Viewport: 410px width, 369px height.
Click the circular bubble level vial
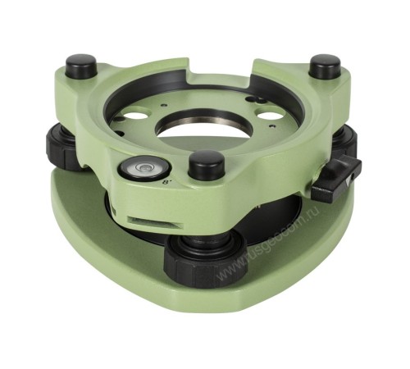click(x=136, y=169)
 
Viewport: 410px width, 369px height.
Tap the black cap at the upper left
click(x=81, y=65)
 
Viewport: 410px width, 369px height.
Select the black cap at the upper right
click(x=325, y=66)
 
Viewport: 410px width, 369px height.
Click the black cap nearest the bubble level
click(x=206, y=164)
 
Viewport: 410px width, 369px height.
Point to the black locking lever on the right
click(x=339, y=179)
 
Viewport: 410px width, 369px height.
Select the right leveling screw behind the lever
click(x=344, y=148)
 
